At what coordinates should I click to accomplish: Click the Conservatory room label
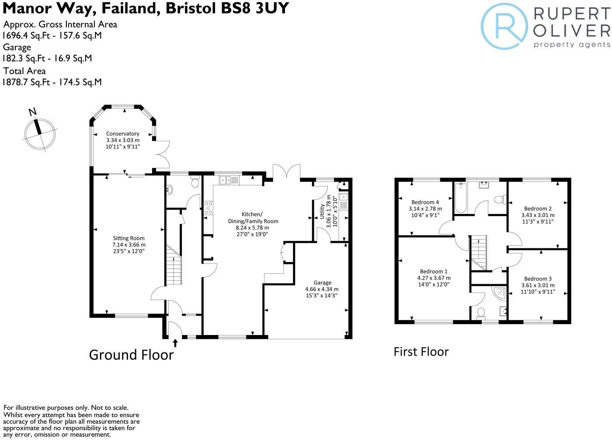coord(123,134)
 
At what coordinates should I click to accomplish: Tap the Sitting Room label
coord(129,238)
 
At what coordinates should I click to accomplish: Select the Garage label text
coord(323,283)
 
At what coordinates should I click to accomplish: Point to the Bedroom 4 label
coord(425,202)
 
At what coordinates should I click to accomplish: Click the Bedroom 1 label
coord(434,271)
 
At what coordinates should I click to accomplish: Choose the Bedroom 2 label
coord(538,209)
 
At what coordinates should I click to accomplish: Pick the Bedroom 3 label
coord(538,279)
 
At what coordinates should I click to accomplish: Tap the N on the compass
coord(32,112)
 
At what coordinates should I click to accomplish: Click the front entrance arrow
coord(175,343)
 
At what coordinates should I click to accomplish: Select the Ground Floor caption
coord(132,355)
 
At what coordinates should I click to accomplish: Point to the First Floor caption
coord(421,352)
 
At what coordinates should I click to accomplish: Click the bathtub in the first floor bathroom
coord(461,198)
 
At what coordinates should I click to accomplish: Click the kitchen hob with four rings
coord(208,208)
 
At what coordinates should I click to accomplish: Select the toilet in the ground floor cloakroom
coord(195,182)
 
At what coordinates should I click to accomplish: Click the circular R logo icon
coord(504,27)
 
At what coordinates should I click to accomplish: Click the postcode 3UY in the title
coord(272,8)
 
